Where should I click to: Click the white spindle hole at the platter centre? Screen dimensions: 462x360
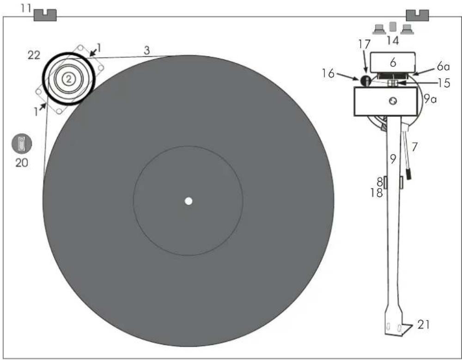[x=188, y=201]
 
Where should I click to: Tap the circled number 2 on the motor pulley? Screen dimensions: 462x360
[x=68, y=79]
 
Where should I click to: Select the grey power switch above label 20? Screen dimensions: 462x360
[x=22, y=143]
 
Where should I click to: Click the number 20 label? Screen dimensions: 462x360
[x=22, y=163]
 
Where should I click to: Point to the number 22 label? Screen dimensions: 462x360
[x=34, y=55]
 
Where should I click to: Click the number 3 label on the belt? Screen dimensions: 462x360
[x=147, y=50]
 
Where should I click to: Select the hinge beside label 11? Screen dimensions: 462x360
[x=45, y=15]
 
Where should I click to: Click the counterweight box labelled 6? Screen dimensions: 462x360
[x=393, y=62]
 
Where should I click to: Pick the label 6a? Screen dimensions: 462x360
[x=444, y=67]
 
